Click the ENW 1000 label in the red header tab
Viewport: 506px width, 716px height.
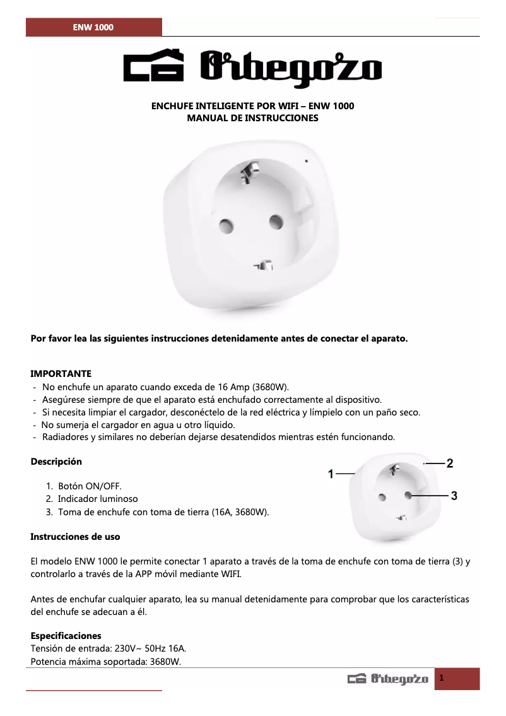point(93,28)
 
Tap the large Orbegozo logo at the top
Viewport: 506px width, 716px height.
point(252,66)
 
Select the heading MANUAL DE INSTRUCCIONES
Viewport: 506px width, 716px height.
point(252,118)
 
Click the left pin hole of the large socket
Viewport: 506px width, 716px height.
point(227,225)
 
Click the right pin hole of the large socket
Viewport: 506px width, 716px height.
point(275,221)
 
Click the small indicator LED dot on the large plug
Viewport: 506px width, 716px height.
point(307,160)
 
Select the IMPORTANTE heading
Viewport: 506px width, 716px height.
point(61,374)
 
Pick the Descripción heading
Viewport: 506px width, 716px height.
point(56,462)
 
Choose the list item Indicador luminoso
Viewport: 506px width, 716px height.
point(98,499)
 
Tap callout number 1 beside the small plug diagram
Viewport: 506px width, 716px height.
point(331,474)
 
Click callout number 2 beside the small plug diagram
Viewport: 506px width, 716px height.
point(450,463)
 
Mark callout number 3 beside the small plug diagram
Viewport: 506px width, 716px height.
point(454,496)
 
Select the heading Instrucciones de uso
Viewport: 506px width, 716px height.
point(75,537)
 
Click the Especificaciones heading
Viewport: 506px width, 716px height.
point(66,636)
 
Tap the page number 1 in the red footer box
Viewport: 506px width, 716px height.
point(442,678)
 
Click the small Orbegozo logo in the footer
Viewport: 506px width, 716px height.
point(388,679)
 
